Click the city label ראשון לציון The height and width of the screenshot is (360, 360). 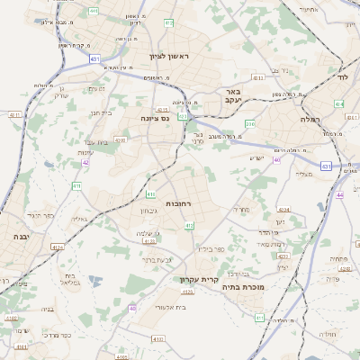tap(174, 56)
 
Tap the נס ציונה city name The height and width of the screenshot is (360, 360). tap(156, 117)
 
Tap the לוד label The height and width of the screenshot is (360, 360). tap(342, 77)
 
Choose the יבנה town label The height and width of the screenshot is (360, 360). tap(20, 236)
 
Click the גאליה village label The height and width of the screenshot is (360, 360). tap(78, 219)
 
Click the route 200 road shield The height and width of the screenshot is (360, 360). tap(251, 123)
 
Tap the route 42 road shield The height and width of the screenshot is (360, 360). tap(85, 162)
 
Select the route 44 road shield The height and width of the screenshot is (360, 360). tap(339, 194)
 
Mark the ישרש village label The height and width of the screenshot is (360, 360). tap(257, 157)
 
